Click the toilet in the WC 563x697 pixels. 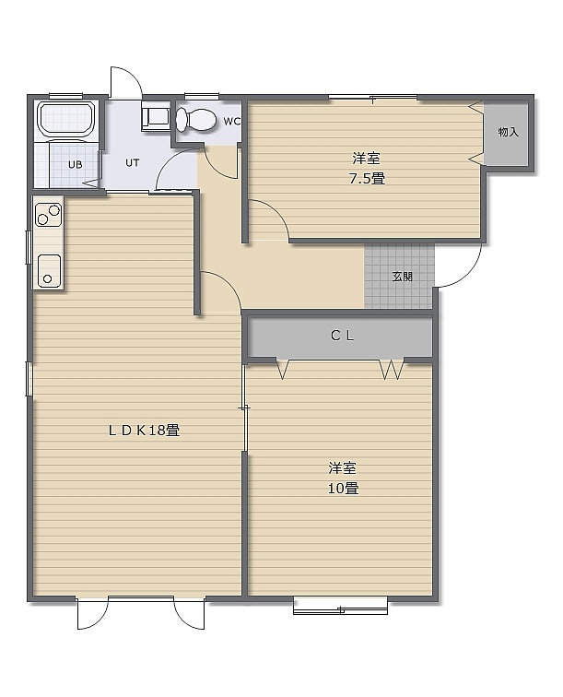[x=196, y=120]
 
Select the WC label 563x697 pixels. [x=231, y=122]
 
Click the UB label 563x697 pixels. [x=75, y=164]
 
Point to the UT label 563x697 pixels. [x=133, y=162]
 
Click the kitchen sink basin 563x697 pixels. [x=49, y=271]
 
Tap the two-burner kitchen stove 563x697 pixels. [x=49, y=214]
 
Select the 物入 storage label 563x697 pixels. [x=509, y=132]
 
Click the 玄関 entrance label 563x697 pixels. [x=402, y=277]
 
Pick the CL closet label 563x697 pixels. [x=342, y=336]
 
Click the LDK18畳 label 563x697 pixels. [x=144, y=431]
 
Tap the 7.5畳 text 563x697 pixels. [x=367, y=179]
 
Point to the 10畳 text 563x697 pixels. [x=343, y=488]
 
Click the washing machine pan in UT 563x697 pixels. [x=156, y=116]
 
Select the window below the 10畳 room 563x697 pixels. [x=340, y=607]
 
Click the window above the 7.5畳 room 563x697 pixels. [x=372, y=98]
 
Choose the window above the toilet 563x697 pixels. [x=201, y=96]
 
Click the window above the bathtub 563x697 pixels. [x=65, y=96]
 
